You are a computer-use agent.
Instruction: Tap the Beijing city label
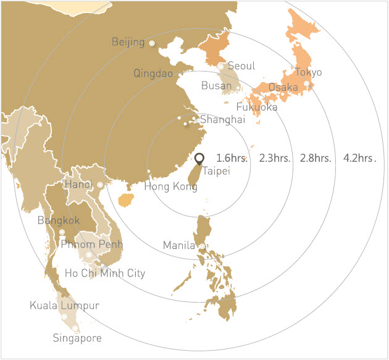(x=128, y=42)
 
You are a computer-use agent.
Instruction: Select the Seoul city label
(x=241, y=66)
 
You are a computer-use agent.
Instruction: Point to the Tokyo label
(x=308, y=72)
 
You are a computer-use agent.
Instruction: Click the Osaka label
(x=283, y=88)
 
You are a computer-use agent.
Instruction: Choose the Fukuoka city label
(x=257, y=107)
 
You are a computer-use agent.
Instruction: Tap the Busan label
(x=217, y=85)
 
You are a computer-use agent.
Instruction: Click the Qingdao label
(x=154, y=73)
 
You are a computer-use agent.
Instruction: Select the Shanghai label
(x=222, y=119)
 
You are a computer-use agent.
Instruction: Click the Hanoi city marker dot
(x=100, y=185)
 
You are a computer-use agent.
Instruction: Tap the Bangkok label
(x=59, y=220)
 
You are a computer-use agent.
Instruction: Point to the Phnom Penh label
(x=93, y=245)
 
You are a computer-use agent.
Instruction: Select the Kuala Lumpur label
(x=64, y=305)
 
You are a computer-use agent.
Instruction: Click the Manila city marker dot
(x=201, y=246)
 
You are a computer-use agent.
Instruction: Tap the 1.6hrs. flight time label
(x=232, y=157)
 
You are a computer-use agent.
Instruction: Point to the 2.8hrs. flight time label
(x=316, y=157)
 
